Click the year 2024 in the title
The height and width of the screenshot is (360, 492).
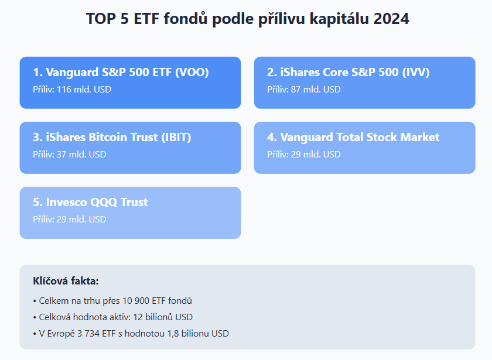pyautogui.click(x=391, y=19)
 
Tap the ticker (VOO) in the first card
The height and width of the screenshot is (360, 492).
pyautogui.click(x=192, y=72)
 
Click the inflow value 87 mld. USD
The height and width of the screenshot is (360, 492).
pyautogui.click(x=316, y=90)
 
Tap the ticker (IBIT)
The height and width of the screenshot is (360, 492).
pyautogui.click(x=176, y=137)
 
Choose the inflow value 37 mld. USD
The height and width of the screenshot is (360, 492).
pyautogui.click(x=81, y=155)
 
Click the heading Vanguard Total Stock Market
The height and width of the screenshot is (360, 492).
pyautogui.click(x=360, y=137)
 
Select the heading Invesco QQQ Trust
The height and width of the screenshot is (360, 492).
pyautogui.click(x=97, y=203)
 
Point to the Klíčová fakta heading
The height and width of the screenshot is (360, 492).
pyautogui.click(x=66, y=280)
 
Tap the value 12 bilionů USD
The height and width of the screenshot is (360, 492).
pyautogui.click(x=163, y=317)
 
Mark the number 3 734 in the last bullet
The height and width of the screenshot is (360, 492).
pyautogui.click(x=88, y=333)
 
